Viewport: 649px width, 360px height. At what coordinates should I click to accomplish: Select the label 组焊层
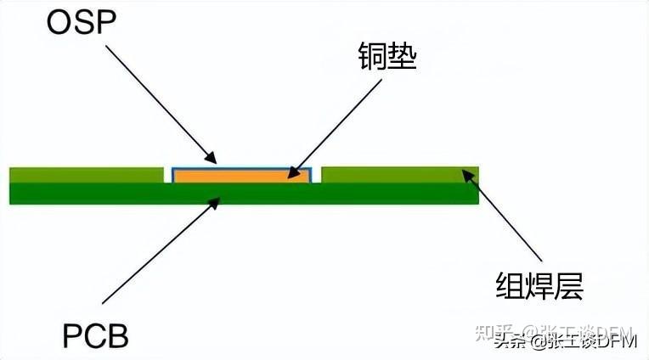[x=539, y=286]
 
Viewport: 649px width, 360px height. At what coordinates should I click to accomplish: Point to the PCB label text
[x=96, y=336]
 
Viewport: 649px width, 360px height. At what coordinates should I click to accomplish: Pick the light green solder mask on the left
[x=86, y=175]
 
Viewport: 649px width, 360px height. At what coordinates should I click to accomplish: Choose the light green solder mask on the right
[x=399, y=175]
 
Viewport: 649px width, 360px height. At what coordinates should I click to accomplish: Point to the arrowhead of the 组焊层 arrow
[x=465, y=174]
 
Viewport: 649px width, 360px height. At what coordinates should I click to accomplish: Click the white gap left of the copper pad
[x=167, y=176]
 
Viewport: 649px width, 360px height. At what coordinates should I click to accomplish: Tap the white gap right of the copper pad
[x=317, y=176]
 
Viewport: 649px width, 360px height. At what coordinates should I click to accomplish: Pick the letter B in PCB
[x=117, y=336]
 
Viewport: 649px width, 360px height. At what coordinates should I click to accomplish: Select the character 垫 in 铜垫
[x=404, y=59]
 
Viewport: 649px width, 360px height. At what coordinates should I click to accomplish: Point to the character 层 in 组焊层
[x=568, y=286]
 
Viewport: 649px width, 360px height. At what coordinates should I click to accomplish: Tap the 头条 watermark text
[x=509, y=343]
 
